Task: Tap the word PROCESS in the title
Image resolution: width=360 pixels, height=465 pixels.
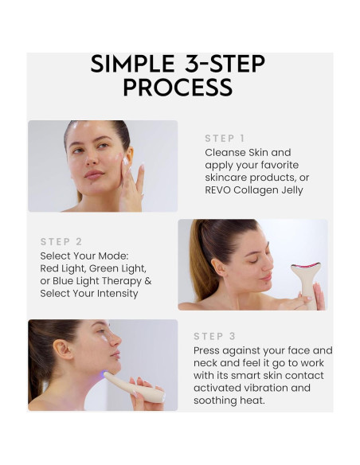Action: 178,88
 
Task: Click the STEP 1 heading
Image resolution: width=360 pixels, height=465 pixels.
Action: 225,138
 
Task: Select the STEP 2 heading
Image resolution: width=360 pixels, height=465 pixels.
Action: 61,241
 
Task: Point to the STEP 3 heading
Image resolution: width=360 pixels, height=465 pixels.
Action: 213,336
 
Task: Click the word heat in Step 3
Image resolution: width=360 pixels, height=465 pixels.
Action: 263,401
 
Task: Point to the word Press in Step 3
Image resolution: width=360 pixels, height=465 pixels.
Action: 209,350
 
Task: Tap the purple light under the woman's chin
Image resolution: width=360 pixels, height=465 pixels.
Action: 104,374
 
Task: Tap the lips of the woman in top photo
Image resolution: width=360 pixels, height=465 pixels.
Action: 95,175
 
